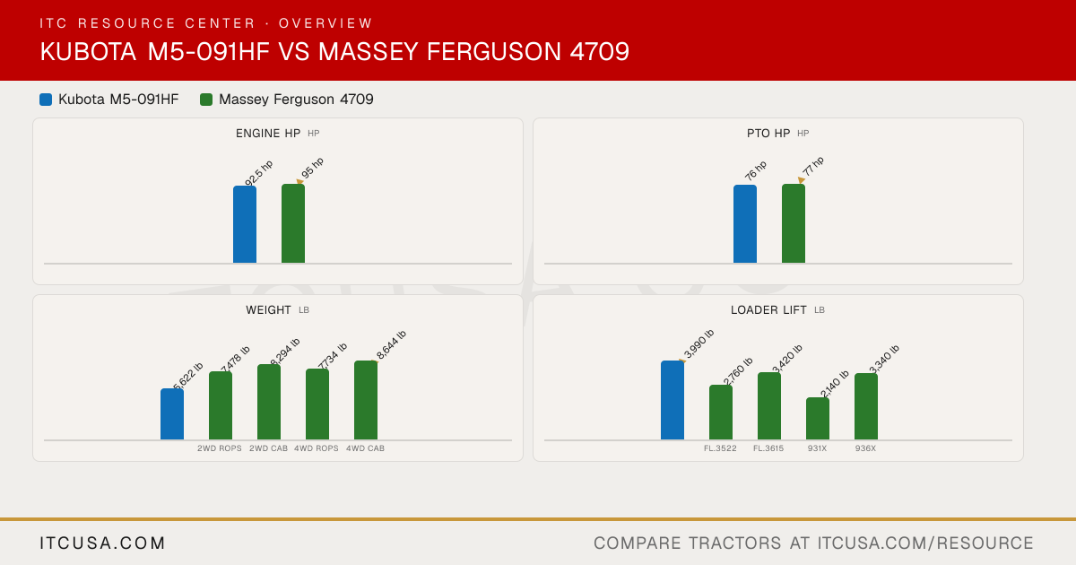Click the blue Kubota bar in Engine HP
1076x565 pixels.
click(x=245, y=224)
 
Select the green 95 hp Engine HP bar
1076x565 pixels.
click(x=293, y=223)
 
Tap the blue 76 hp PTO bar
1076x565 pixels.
click(x=745, y=224)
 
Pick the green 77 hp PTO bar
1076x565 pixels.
click(x=794, y=223)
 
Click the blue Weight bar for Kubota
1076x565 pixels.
click(x=172, y=414)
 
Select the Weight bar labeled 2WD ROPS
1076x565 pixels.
click(x=221, y=405)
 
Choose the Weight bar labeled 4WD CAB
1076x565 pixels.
click(x=366, y=400)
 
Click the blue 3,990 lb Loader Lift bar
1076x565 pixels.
click(x=672, y=400)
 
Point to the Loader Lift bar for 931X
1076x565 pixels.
click(x=818, y=419)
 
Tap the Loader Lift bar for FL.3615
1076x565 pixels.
click(x=769, y=406)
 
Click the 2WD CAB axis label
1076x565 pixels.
click(x=268, y=448)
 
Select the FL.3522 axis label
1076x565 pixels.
click(x=720, y=448)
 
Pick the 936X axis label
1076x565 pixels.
click(x=865, y=448)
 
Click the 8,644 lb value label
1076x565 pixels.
click(x=391, y=344)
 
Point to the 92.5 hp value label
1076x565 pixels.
click(x=258, y=172)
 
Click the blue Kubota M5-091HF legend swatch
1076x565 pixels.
click(x=46, y=100)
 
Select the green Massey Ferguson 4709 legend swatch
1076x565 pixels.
click(x=206, y=100)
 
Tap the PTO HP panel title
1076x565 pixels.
click(x=768, y=134)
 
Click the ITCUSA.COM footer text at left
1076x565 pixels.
click(x=102, y=543)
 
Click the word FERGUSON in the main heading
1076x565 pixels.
click(x=494, y=51)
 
